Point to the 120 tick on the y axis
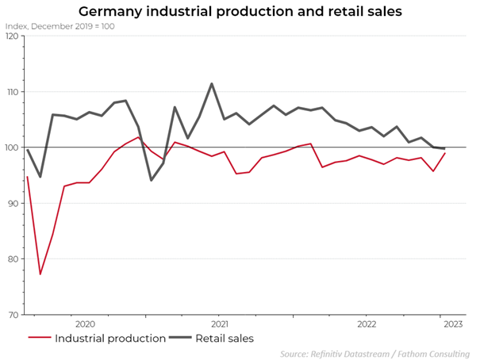(11, 36)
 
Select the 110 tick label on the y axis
(11, 92)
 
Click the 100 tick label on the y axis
(11, 147)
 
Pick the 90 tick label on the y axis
(13, 204)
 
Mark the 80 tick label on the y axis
(13, 259)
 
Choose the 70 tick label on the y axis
(13, 315)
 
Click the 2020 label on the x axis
(85, 324)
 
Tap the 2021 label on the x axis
(220, 324)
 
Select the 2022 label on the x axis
(367, 324)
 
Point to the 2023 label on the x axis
(452, 324)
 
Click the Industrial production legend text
(110, 339)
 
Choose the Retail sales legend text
(225, 339)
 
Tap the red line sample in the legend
(39, 339)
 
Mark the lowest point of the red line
(40, 274)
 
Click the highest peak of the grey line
(212, 83)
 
